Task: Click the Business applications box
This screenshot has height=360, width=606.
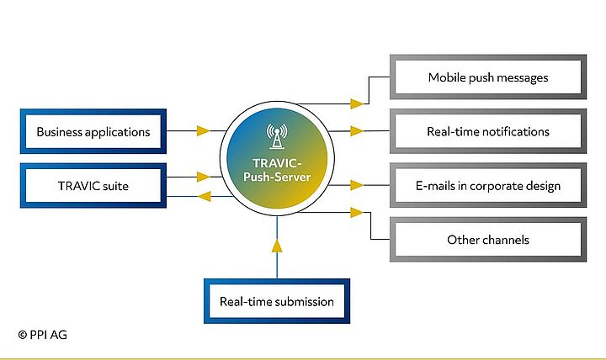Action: coord(93,131)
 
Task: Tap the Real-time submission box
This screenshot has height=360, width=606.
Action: coord(276,301)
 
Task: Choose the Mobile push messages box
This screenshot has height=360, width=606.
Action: coord(488,77)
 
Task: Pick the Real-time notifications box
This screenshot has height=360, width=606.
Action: coord(488,131)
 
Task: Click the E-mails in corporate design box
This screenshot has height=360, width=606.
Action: coord(488,186)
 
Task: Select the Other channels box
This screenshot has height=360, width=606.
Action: coord(488,240)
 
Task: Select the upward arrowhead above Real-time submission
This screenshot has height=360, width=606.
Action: coord(277,246)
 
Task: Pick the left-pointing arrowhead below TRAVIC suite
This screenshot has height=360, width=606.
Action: coord(203,197)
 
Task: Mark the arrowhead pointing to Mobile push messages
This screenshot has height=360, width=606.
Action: coord(357,104)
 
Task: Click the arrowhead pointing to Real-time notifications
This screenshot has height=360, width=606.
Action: coord(357,131)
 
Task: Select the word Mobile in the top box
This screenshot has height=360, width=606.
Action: coord(447,77)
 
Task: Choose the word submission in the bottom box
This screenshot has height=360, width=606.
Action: coord(305,301)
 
